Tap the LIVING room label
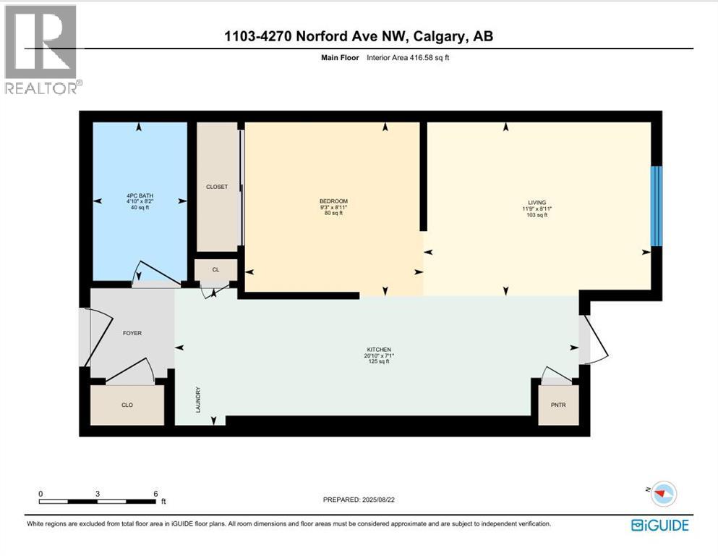point(537,203)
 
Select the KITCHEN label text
point(379,350)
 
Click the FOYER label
point(132,333)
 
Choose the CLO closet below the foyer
point(127,405)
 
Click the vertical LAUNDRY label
point(197,400)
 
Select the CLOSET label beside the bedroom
point(217,187)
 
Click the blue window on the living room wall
point(656,206)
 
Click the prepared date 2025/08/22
point(396,500)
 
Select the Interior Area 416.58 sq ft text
point(416,57)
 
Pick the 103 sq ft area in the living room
point(537,215)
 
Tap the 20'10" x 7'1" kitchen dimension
point(379,355)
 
